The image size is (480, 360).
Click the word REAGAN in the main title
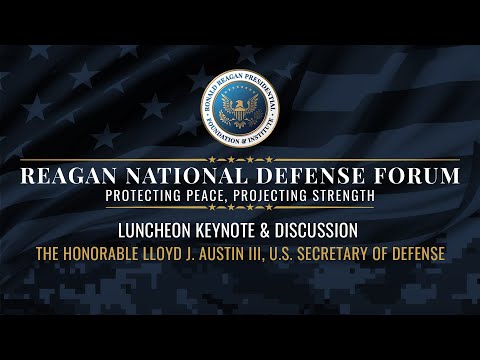click(72, 177)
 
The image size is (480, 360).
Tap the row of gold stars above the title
click(240, 159)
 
